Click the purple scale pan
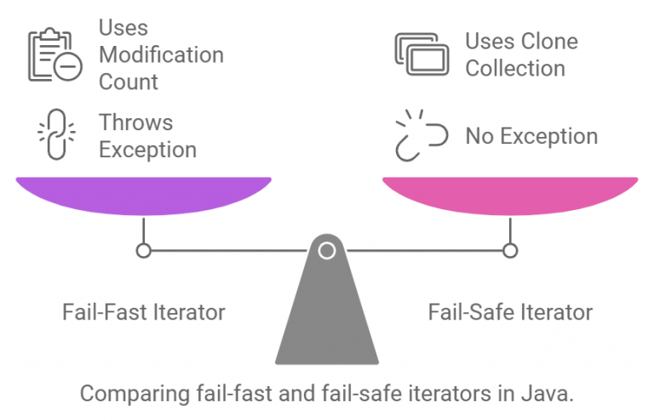click(x=143, y=194)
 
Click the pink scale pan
click(x=509, y=194)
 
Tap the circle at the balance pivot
click(x=326, y=250)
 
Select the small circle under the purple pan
click(x=144, y=250)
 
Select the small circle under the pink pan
click(x=509, y=250)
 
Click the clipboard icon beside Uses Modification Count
click(x=54, y=57)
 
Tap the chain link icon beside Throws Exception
click(x=56, y=136)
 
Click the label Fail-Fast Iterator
click(x=144, y=312)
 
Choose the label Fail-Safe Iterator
click(x=509, y=312)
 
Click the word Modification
click(x=161, y=55)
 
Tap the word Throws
click(x=135, y=122)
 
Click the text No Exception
click(x=531, y=136)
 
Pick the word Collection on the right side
click(x=514, y=68)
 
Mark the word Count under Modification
click(x=129, y=82)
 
